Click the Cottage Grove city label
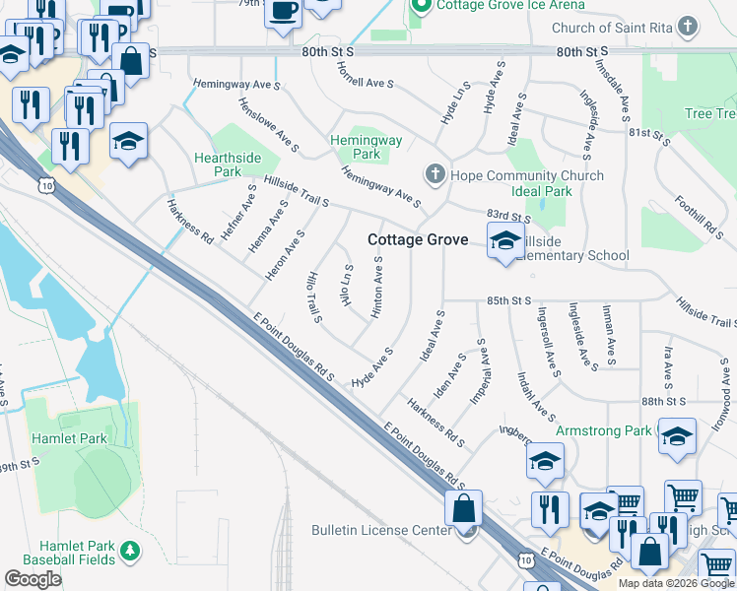click(418, 239)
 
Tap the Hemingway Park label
click(366, 148)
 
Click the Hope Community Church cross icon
click(435, 175)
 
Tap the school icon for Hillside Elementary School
click(505, 240)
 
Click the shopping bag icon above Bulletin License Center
click(463, 509)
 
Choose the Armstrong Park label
click(603, 430)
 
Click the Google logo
click(33, 579)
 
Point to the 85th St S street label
click(507, 299)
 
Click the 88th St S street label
click(663, 401)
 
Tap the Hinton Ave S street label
click(376, 287)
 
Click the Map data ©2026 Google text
click(675, 583)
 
